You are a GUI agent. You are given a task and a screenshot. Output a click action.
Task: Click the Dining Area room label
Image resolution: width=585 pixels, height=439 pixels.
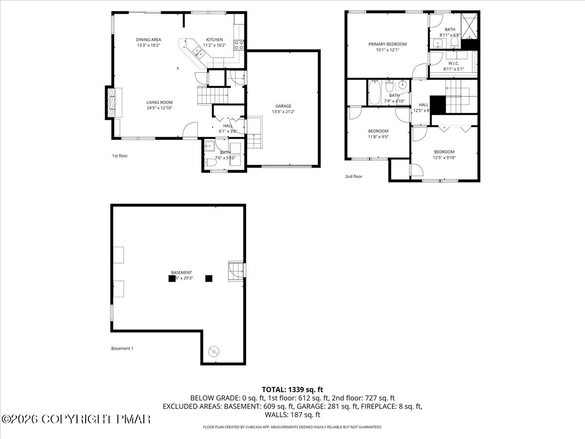pos(149,40)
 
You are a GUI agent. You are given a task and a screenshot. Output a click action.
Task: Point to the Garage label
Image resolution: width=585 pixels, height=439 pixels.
pos(283,106)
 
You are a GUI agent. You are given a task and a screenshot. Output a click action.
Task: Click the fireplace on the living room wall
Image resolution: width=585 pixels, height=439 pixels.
pos(112,102)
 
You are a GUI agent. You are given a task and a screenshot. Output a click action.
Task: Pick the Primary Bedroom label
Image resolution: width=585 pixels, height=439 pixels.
pos(387,44)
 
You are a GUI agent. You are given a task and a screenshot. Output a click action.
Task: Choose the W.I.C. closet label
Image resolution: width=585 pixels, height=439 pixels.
pos(453,63)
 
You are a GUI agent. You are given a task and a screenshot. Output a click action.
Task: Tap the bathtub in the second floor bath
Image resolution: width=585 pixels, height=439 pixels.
pos(375,93)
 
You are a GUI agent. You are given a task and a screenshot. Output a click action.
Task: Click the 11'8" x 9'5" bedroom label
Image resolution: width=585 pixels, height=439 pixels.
pos(378,131)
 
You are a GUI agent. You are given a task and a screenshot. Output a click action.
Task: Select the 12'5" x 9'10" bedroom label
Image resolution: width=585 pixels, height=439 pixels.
pos(444,152)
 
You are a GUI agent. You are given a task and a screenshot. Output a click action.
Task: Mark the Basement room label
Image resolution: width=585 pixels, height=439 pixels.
pos(181,273)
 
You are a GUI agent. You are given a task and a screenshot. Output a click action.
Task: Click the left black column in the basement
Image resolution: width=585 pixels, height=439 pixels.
pos(172,279)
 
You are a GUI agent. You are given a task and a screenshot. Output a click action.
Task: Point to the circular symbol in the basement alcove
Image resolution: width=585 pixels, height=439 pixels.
pos(214,351)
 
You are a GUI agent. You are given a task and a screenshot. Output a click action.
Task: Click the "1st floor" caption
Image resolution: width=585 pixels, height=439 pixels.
pos(120,156)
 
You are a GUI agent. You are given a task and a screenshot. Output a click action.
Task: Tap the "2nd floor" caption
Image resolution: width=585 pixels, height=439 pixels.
pos(354,177)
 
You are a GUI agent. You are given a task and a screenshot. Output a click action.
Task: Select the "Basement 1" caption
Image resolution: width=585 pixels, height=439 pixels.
pos(122,348)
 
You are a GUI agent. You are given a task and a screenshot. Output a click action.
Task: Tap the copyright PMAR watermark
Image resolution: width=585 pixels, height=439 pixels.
pos(76,419)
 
